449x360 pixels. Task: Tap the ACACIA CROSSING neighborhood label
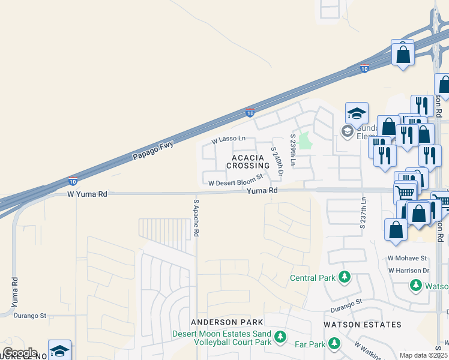248,161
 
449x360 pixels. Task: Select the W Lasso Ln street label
229,139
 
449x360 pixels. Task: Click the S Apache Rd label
196,218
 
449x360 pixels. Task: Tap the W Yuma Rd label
87,194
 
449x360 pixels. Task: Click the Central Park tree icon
345,277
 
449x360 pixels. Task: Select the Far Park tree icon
334,344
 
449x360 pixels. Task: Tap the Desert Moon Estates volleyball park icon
279,338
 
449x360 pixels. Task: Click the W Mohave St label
407,258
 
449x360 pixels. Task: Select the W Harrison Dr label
409,271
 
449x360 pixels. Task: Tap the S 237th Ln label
363,213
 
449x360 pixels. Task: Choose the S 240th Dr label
277,161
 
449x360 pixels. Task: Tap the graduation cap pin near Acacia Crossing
357,114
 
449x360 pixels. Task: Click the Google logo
19,353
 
